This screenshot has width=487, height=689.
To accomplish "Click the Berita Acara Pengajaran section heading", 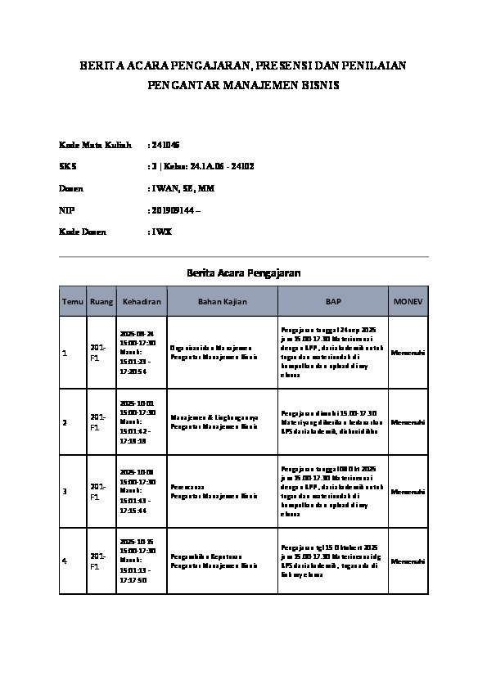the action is pos(244,272).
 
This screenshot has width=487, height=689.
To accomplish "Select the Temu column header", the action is pos(73,302).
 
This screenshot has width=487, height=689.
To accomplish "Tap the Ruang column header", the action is pos(101,302).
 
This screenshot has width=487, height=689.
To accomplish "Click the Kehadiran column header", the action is pos(142,302).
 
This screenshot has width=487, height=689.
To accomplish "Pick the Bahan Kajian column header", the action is pos(220,302).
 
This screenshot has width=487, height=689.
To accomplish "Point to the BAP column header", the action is pos(333,302).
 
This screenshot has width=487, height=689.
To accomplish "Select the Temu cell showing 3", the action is pos(65,492).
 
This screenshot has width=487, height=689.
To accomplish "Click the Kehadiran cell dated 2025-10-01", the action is pos(138,421).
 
